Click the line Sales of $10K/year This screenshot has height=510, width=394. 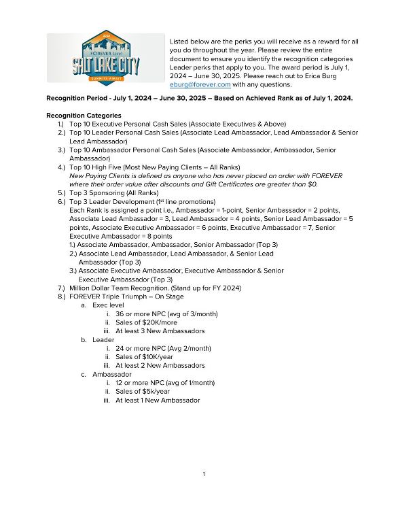[x=143, y=357]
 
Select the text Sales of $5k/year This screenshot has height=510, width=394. [x=143, y=392]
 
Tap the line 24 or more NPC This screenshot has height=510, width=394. [x=143, y=348]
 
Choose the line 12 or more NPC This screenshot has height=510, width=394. [x=143, y=383]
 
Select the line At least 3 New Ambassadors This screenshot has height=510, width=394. [x=160, y=330]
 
